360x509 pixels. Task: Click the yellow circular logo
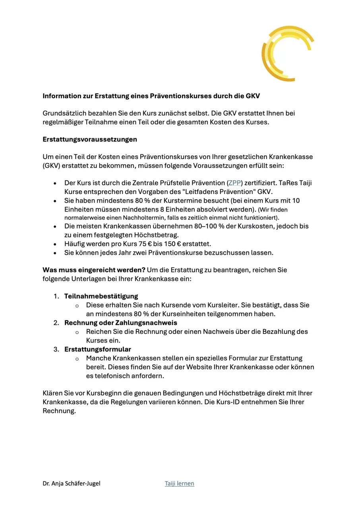(287, 53)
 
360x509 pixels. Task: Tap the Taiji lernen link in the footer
(180, 484)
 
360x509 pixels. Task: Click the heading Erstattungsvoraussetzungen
(90, 140)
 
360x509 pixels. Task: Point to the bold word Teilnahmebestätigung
(101, 296)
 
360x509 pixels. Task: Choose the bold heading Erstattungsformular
(98, 350)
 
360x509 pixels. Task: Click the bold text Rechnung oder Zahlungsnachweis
(121, 322)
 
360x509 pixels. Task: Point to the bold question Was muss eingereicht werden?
(94, 270)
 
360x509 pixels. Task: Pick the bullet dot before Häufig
(55, 244)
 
